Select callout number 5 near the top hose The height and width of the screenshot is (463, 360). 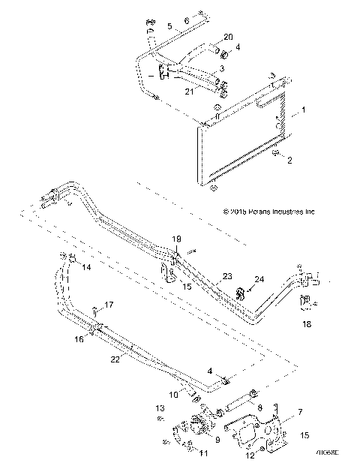point(169,26)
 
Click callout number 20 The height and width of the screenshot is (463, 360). point(229,37)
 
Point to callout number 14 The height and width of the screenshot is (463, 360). point(86,267)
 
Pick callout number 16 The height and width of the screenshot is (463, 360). point(77,339)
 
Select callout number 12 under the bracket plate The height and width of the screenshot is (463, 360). point(250,455)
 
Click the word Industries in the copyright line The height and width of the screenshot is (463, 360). point(286,212)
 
